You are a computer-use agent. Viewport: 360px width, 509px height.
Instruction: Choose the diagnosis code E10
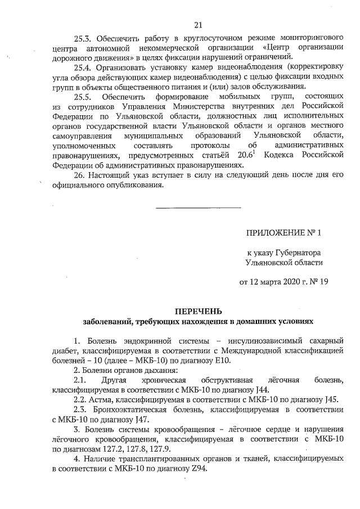point(223,360)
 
